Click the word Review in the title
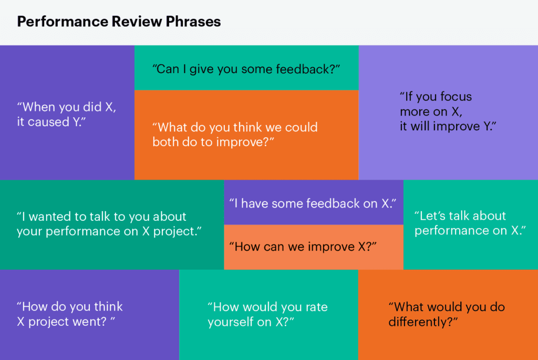[137, 21]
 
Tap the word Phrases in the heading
[193, 22]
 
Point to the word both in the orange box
[165, 142]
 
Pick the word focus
[456, 97]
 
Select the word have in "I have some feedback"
[255, 203]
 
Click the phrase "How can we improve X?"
[303, 247]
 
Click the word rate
[316, 307]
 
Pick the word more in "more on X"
[413, 112]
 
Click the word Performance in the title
[62, 21]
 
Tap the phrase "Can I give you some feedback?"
[246, 69]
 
